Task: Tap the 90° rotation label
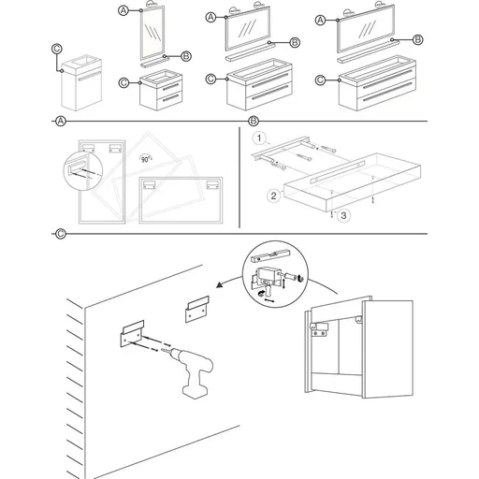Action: coord(146,159)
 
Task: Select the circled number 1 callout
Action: coord(259,138)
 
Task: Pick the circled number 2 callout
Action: coord(273,196)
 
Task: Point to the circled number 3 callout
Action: coord(343,215)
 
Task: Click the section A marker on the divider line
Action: coord(61,121)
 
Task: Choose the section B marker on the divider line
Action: coord(254,121)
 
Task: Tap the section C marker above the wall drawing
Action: coord(61,234)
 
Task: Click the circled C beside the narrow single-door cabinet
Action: coord(57,49)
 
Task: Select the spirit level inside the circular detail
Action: coord(271,255)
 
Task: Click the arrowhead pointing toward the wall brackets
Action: coord(220,284)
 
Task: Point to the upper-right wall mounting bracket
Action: coord(197,309)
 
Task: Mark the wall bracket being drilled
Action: coord(132,333)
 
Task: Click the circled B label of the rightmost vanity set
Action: coord(417,39)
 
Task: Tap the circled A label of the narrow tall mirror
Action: coord(123,10)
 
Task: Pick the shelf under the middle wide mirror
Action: coord(250,51)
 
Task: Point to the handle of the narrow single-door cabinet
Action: coord(89,77)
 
